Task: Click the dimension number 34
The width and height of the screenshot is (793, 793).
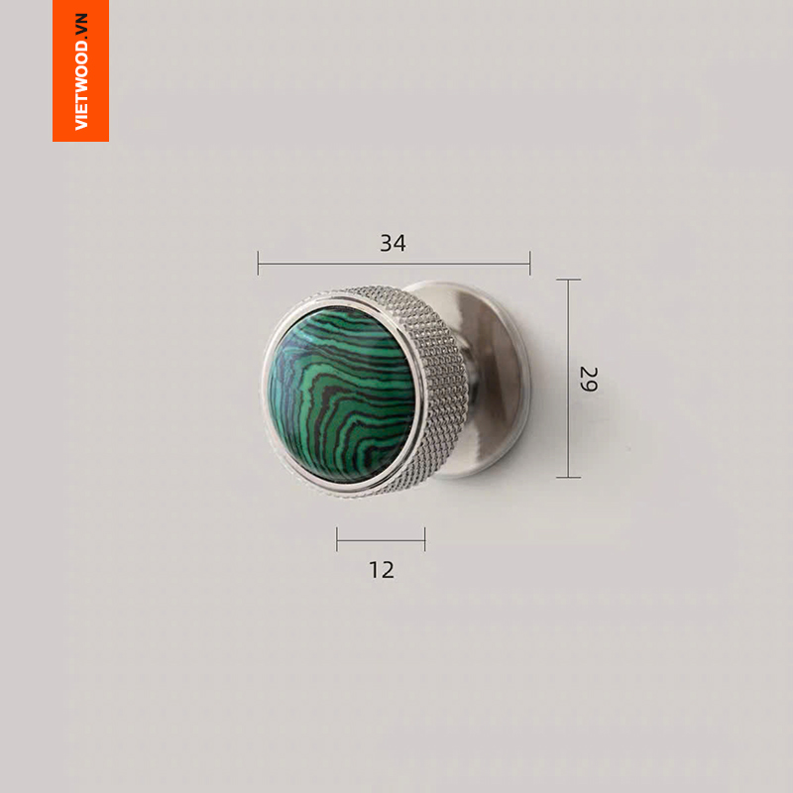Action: (x=393, y=243)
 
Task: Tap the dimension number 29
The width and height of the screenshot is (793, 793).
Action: (x=588, y=379)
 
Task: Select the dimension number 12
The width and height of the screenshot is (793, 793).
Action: (x=382, y=570)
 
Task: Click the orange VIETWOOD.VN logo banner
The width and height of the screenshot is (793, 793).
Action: (x=81, y=70)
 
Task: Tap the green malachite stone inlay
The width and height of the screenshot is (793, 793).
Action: (x=340, y=395)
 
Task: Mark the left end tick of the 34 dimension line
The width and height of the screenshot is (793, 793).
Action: (x=258, y=263)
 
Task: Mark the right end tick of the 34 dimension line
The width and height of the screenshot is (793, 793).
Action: (x=530, y=263)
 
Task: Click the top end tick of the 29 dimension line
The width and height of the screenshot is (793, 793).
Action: (x=568, y=280)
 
